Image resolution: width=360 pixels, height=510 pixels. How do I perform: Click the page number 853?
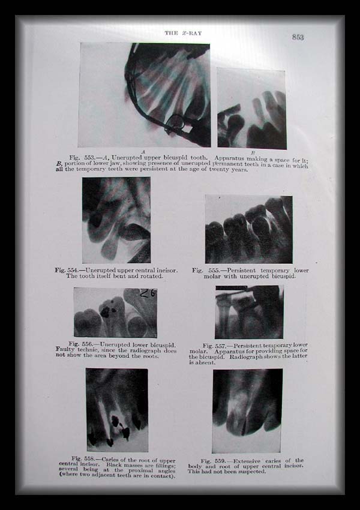coord(298,37)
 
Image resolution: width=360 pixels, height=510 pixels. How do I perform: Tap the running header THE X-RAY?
coord(183,33)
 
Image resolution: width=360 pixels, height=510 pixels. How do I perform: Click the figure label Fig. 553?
coord(82,157)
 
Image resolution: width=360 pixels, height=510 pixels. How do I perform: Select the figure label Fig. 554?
coord(67,270)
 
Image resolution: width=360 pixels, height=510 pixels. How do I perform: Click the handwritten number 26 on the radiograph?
coord(148,293)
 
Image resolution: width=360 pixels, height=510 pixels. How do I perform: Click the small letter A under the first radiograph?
coord(143,152)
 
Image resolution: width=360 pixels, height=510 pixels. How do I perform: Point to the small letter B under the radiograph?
coord(253,152)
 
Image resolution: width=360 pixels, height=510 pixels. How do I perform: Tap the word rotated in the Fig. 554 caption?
coord(153,276)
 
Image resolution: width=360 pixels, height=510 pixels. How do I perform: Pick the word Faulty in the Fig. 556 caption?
coord(65,350)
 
